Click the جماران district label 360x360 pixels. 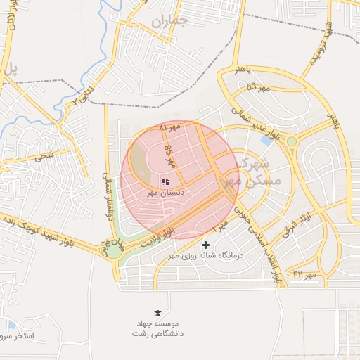click(169, 22)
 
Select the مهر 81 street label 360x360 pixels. click(170, 129)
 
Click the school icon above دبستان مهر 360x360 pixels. click(165, 181)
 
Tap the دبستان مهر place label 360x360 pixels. click(164, 192)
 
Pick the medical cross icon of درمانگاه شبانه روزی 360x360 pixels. click(205, 245)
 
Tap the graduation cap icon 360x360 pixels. click(157, 313)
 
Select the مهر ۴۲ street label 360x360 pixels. click(307, 273)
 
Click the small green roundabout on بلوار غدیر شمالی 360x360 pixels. click(291, 141)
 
